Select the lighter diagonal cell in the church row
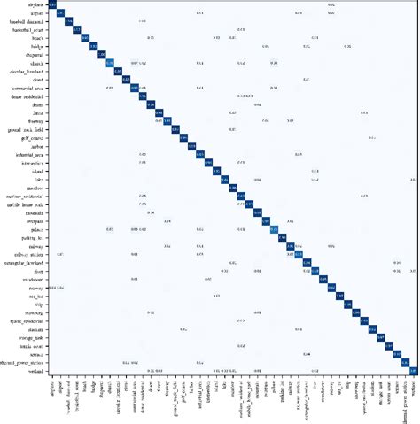click(109, 63)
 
